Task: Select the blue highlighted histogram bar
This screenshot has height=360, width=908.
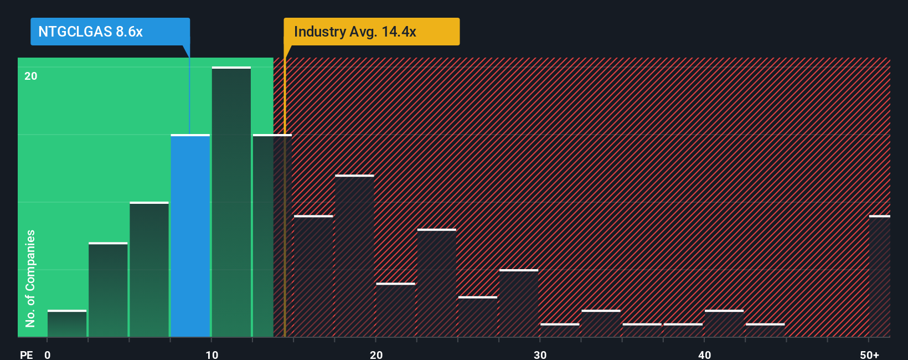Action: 190,236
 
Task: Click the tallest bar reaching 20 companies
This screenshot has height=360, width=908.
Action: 231,202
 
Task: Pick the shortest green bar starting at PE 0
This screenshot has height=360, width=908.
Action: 67,324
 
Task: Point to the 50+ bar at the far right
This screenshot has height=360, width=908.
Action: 879,276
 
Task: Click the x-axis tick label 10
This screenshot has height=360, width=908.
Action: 211,354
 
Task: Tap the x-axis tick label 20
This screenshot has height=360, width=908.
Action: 376,354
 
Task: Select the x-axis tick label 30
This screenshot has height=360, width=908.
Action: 540,354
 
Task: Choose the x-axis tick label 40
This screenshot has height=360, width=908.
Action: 704,354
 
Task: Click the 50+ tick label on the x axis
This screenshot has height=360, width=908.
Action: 869,354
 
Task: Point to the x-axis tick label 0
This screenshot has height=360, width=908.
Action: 48,354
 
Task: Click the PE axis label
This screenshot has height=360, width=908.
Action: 26,354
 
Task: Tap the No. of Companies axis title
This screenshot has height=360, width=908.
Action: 30,278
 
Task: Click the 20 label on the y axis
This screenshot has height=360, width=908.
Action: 30,76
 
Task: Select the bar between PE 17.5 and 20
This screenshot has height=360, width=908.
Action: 354,256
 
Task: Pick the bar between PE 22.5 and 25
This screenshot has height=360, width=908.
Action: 437,283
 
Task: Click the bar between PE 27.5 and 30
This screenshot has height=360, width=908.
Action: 519,304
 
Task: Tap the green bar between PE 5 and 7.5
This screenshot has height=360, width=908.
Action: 149,270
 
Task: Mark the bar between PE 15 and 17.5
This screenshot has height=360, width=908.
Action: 313,276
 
